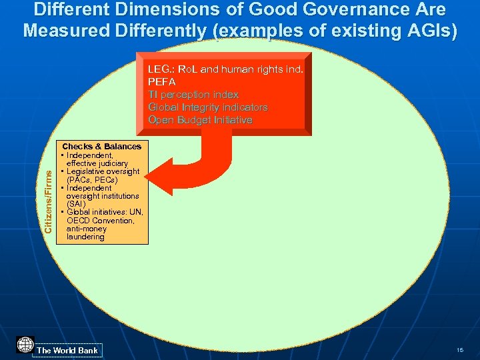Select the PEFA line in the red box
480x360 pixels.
click(162, 82)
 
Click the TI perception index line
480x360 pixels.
click(193, 95)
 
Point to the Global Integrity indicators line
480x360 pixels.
click(208, 107)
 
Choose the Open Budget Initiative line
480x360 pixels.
click(200, 120)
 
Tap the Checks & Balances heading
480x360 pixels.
click(101, 146)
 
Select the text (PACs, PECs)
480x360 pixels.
click(92, 180)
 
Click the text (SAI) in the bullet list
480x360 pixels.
click(76, 204)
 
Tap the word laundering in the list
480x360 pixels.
click(85, 237)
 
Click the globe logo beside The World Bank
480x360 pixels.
click(25, 345)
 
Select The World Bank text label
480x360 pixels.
click(67, 350)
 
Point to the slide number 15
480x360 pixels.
click(460, 350)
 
